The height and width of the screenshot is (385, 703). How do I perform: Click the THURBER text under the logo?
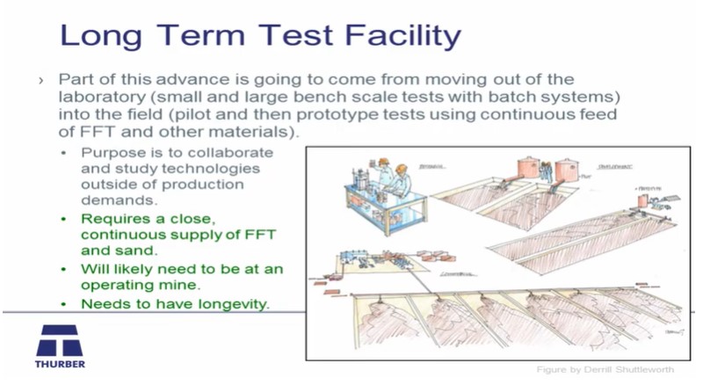(60, 363)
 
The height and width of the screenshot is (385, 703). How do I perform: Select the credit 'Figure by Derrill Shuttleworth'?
(605, 369)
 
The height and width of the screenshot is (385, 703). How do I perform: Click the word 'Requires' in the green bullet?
(113, 219)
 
